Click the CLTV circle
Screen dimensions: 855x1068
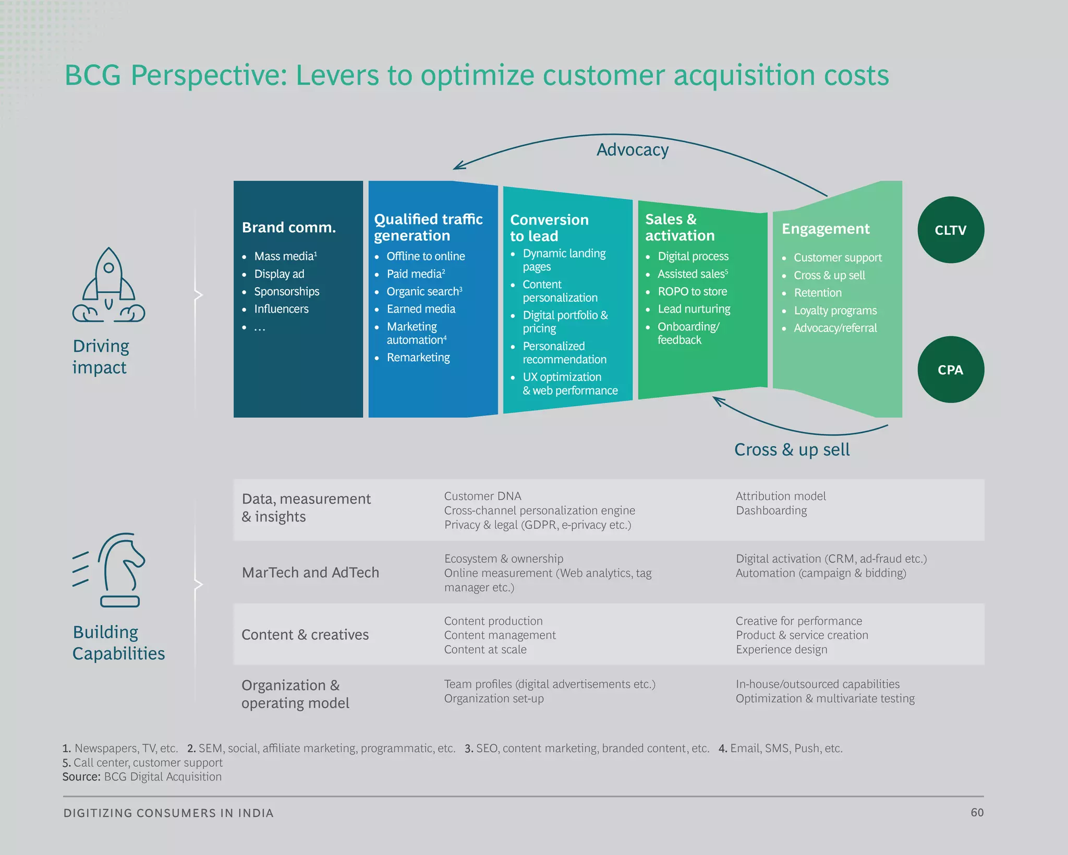coord(951,230)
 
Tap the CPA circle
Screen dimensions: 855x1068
coord(951,370)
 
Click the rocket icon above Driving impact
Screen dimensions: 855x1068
coord(108,285)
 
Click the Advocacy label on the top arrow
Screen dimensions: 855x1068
coord(632,150)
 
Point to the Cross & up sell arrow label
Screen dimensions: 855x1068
coord(792,449)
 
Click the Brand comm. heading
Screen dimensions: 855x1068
coord(289,228)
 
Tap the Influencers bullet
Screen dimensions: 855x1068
coord(281,309)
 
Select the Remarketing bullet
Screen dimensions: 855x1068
coord(418,358)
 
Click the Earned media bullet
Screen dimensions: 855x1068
coord(421,309)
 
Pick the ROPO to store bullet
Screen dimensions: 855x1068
coord(692,291)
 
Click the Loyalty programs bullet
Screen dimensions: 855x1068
coord(835,311)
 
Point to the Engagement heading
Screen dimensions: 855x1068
coord(826,229)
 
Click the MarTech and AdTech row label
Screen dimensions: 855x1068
coord(310,573)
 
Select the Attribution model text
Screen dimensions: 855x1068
coord(781,496)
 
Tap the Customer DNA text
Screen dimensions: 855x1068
coord(482,496)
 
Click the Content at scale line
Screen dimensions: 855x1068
coord(485,649)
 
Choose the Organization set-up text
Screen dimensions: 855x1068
coord(494,698)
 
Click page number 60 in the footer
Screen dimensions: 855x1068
coord(977,812)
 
